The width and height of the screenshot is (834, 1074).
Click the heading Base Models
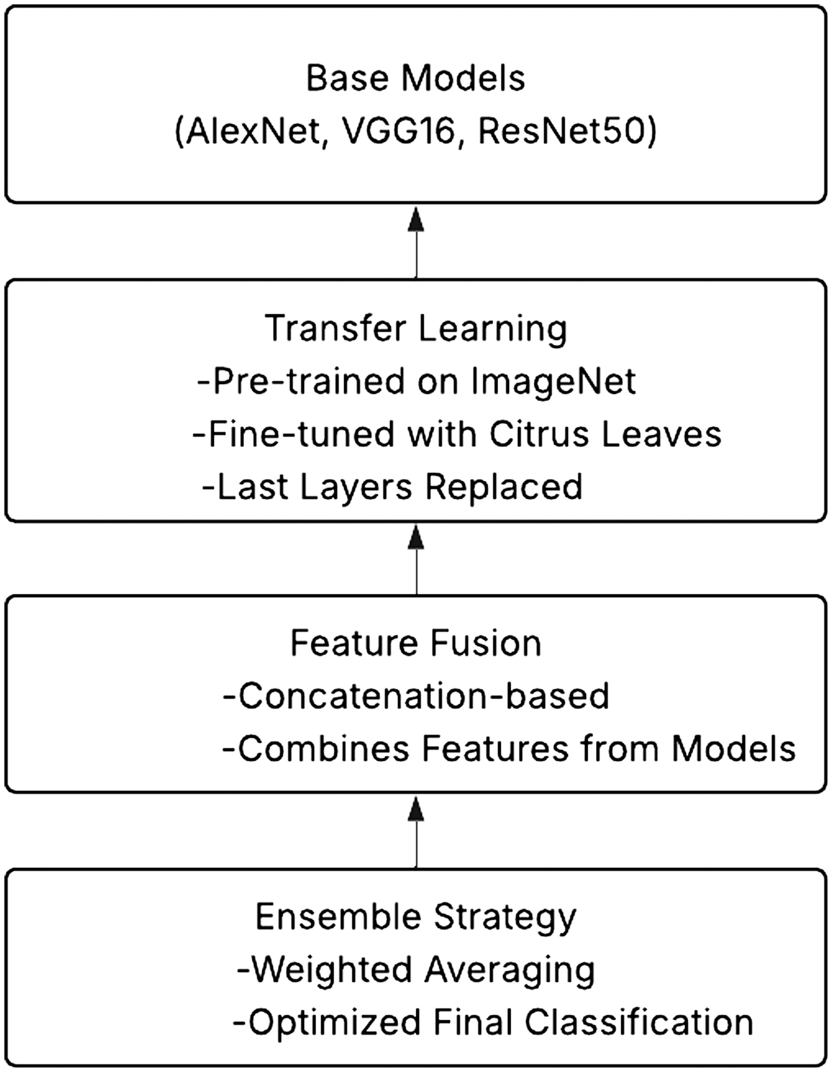pos(416,78)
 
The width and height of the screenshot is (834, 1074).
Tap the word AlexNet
pos(252,132)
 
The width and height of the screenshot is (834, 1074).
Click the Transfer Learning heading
pos(416,329)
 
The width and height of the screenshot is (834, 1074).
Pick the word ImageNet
pos(554,382)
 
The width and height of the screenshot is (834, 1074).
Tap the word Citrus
pos(539,434)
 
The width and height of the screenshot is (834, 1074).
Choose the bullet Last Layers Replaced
pos(393,487)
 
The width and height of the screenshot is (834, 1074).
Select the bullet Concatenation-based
pos(416,696)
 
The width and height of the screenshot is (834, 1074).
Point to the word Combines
pos(324,749)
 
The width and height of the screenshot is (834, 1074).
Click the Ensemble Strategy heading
pos(416,916)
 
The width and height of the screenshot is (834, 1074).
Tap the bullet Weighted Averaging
pos(416,970)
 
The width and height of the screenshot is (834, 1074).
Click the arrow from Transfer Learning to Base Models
pos(416,242)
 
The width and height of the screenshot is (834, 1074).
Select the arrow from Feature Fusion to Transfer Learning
pos(416,559)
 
